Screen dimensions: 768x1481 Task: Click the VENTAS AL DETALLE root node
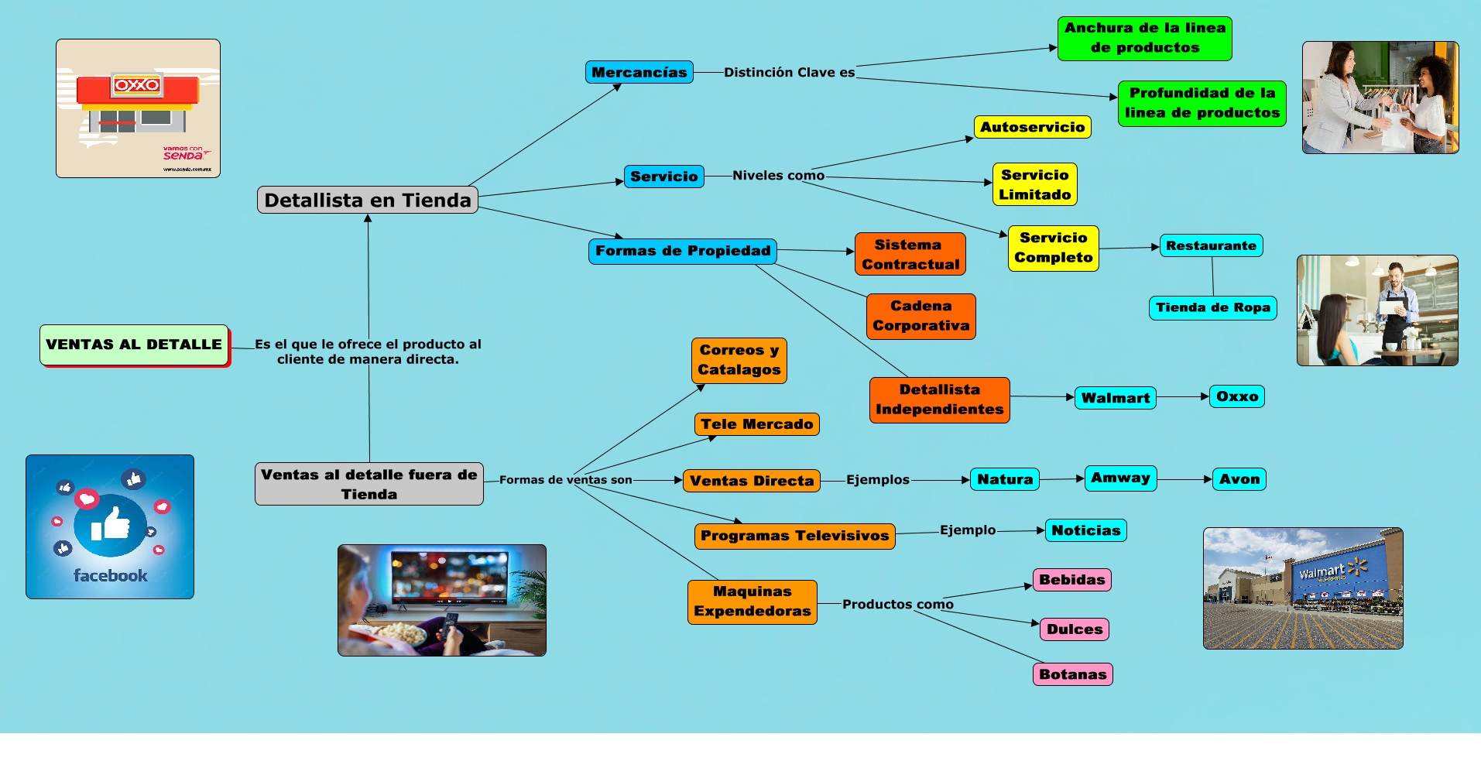click(134, 345)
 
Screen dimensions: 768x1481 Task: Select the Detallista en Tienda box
click(368, 200)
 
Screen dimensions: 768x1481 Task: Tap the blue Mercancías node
click(639, 72)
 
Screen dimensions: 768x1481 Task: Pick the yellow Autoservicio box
click(1032, 127)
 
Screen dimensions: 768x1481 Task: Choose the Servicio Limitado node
click(1034, 184)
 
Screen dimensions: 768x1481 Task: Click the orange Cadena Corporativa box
click(920, 316)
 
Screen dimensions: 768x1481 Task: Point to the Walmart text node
click(1115, 398)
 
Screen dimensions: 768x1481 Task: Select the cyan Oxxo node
click(1236, 396)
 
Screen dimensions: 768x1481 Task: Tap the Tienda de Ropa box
click(1212, 307)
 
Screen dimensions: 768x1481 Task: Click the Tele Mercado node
click(756, 424)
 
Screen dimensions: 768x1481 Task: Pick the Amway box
click(1120, 478)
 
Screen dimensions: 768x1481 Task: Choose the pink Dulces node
click(1074, 629)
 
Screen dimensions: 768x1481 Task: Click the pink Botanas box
click(1072, 674)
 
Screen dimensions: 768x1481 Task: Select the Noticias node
click(1085, 530)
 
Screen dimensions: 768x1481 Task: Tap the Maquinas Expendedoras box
click(752, 602)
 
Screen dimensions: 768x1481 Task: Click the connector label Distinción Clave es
click(789, 72)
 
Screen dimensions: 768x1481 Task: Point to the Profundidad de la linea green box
click(1202, 103)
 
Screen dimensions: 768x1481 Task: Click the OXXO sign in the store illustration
click(137, 84)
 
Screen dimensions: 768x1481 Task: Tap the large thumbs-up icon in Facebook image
click(111, 524)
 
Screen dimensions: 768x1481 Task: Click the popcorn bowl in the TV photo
click(401, 633)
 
